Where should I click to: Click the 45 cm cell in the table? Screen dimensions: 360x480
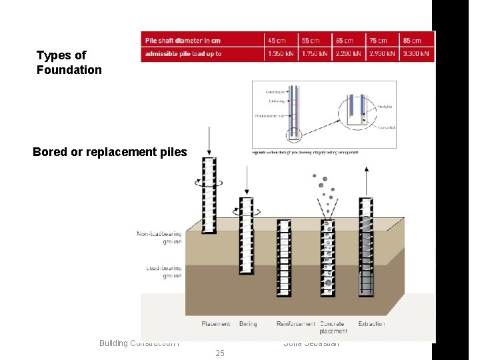point(276,41)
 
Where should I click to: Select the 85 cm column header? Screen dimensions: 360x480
point(412,41)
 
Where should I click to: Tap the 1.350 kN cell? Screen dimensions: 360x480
point(280,54)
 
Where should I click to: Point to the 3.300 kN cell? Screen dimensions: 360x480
point(416,54)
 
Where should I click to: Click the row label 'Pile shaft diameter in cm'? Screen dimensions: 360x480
point(183,41)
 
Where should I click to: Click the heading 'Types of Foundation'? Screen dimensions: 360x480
point(69,63)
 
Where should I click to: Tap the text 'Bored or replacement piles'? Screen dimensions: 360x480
point(110,152)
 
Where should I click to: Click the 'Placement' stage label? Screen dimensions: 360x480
point(215,324)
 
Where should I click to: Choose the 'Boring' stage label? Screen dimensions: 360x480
point(247,324)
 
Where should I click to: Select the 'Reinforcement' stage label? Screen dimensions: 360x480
point(296,324)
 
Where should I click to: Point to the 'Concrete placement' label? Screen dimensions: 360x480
point(333,327)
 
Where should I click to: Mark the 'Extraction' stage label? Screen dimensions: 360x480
point(371,324)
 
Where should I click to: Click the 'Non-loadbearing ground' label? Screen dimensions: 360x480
point(159,238)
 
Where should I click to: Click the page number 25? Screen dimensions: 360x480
point(220,353)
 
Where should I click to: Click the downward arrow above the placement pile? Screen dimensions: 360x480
point(209,140)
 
